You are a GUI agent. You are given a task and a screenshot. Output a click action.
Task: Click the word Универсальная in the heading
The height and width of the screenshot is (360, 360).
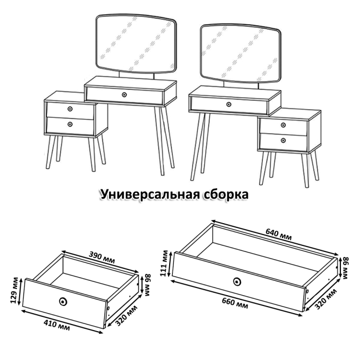150,195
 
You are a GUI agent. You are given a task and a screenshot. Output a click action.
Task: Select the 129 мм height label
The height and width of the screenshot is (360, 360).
17,292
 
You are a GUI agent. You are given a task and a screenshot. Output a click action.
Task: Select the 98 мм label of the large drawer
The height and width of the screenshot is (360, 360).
346,268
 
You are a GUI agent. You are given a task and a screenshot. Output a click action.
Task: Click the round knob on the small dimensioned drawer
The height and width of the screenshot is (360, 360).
63,301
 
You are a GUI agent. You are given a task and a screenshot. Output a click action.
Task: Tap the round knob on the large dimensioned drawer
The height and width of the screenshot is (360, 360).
237,281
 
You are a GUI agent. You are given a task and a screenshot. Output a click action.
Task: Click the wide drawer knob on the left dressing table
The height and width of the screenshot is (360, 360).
124,95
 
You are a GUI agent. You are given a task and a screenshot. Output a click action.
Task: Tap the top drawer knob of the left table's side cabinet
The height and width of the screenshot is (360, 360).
69,109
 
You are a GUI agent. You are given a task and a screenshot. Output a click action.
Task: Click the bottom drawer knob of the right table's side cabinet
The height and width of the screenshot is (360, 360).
283,140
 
